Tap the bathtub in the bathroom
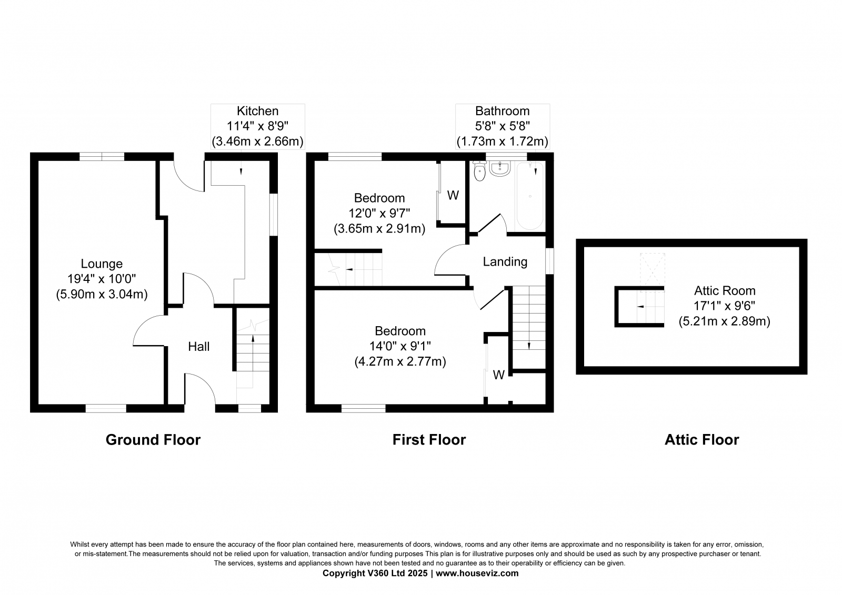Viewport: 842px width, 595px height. pyautogui.click(x=529, y=196)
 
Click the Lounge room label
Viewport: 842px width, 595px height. pyautogui.click(x=102, y=264)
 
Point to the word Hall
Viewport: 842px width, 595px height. pyautogui.click(x=198, y=347)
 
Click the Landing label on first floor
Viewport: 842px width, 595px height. pyautogui.click(x=505, y=261)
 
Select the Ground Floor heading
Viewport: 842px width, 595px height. pyautogui.click(x=153, y=440)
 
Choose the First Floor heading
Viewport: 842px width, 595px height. pyautogui.click(x=429, y=440)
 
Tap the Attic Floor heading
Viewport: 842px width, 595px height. pyautogui.click(x=701, y=440)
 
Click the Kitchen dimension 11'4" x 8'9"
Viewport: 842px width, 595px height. pyautogui.click(x=257, y=126)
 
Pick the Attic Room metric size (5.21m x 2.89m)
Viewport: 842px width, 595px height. pyautogui.click(x=724, y=321)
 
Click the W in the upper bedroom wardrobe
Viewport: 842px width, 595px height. pyautogui.click(x=453, y=196)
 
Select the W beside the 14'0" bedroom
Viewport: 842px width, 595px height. pyautogui.click(x=498, y=375)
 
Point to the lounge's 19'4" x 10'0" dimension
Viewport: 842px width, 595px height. pyautogui.click(x=102, y=279)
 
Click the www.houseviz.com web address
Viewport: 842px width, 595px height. pyautogui.click(x=477, y=573)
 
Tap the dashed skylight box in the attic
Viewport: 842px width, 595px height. pyautogui.click(x=652, y=270)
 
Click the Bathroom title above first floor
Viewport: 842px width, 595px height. pyautogui.click(x=502, y=111)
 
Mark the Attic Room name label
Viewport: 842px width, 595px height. pyautogui.click(x=724, y=290)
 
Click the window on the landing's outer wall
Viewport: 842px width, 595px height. pyautogui.click(x=549, y=261)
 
